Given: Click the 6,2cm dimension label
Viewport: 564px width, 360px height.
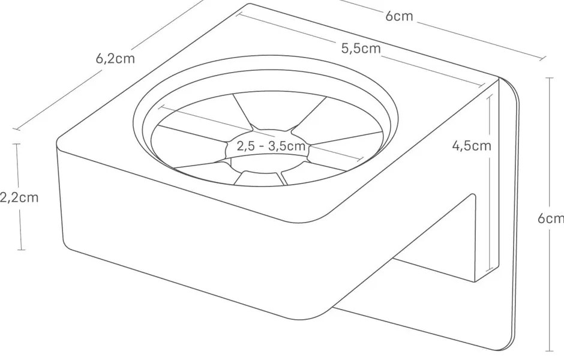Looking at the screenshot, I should click(115, 58).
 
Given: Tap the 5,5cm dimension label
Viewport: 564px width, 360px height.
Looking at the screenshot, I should click(361, 49).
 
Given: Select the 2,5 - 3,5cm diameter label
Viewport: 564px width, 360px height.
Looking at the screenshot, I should click(271, 146).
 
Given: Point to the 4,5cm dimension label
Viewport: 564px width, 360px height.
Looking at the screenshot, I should click(472, 145).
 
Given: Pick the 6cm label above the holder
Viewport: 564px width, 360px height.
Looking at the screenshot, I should click(399, 16).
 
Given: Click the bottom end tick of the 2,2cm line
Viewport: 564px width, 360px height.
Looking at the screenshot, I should click(22, 250).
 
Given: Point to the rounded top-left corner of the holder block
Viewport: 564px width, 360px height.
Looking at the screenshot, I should click(60, 142).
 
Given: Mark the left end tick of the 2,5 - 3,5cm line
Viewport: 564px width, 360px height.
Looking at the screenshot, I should click(161, 107).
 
